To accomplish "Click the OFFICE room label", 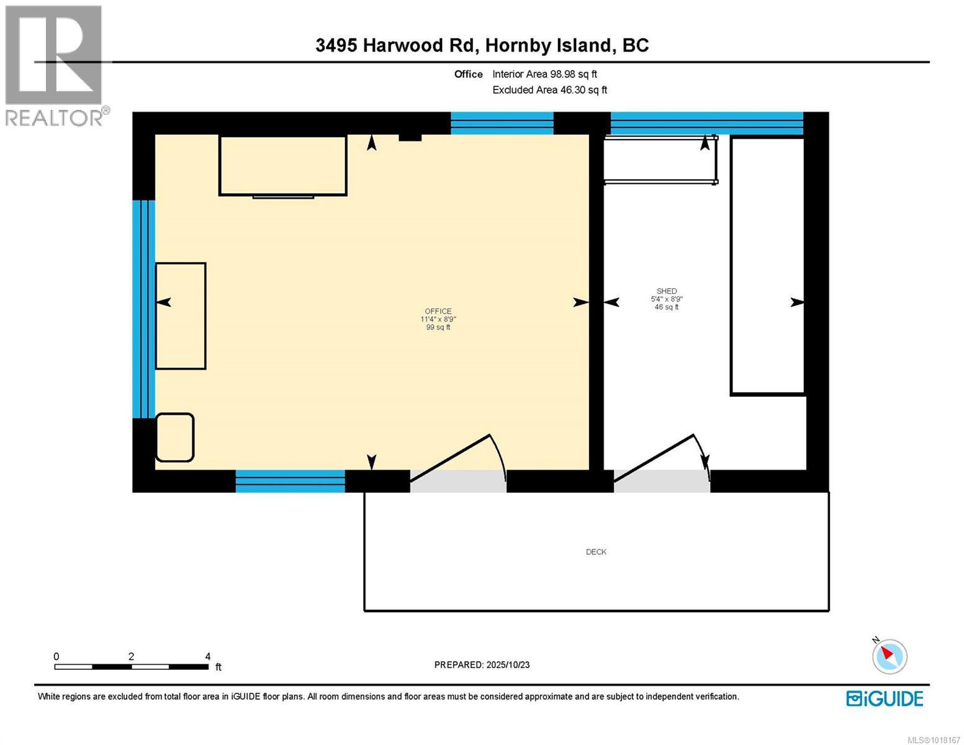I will pos(438,312).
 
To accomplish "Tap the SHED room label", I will pos(667,291).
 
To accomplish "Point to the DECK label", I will pos(596,552).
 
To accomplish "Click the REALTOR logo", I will pos(55,65).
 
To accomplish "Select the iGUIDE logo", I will pos(885,698).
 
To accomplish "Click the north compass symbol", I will pos(890,656).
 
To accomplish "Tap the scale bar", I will pos(132,667).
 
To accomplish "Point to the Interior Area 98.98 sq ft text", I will pos(544,74).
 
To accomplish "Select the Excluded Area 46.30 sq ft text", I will pos(549,90).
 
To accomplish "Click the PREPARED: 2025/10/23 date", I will pos(482,665).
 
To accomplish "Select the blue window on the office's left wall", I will pos(143,309).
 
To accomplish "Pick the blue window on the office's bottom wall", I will pos(290,481).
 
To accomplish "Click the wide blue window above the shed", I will pos(706,123).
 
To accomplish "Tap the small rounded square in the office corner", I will pos(174,438).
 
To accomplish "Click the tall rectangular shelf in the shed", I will pos(767,266).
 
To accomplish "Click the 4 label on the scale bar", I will pos(208,656).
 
